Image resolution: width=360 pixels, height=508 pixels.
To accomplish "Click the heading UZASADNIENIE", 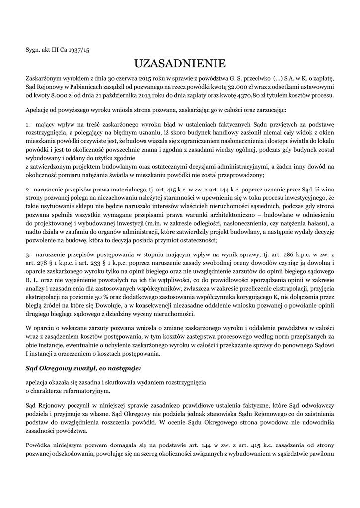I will [x=180, y=63].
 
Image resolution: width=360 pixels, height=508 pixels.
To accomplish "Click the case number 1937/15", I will [x=79, y=50].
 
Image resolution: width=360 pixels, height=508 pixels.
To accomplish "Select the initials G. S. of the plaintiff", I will [x=234, y=78].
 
